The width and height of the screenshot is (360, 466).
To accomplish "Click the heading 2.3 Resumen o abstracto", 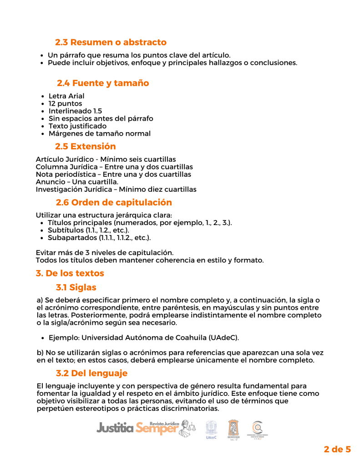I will [x=111, y=42].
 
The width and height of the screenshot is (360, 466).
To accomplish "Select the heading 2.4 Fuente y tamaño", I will [x=103, y=83].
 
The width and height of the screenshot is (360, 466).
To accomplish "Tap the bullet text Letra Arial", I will [x=66, y=96].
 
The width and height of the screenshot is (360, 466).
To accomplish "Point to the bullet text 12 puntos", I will [x=65, y=103].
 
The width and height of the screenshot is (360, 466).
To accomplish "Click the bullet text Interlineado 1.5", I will [x=75, y=111].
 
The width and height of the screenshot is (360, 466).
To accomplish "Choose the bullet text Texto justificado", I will [x=77, y=126].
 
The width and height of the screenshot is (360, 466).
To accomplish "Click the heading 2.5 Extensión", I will [x=86, y=147].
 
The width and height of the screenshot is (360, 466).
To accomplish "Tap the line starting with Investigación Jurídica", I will [x=116, y=189].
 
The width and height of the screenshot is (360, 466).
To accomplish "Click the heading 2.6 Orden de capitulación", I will [x=114, y=202].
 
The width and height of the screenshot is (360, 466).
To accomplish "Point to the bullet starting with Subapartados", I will [x=99, y=237].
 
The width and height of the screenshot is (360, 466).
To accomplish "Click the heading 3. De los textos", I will [x=70, y=273].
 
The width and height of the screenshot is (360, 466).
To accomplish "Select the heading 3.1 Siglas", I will [x=76, y=287].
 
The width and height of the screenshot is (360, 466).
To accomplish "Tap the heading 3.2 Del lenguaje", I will [x=91, y=373].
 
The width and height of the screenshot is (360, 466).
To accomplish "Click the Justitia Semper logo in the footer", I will [x=137, y=428].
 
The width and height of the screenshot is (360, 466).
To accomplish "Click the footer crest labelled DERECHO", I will [x=233, y=430].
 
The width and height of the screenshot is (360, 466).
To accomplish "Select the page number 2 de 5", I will [x=337, y=449].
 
